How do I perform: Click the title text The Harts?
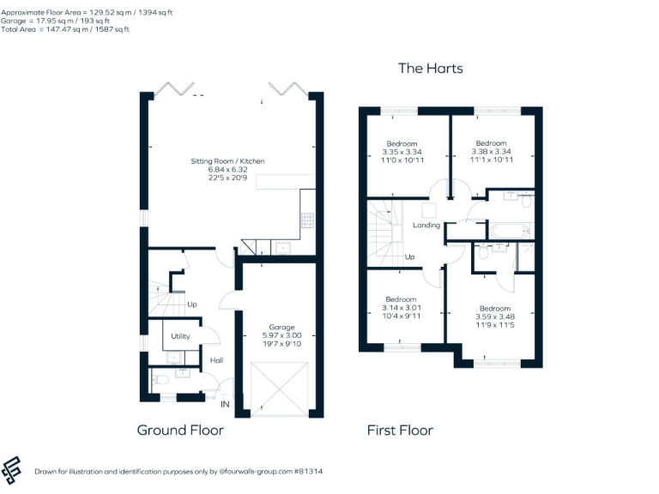point(431,68)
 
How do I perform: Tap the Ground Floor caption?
point(180,430)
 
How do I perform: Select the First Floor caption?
point(400,430)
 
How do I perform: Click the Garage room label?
point(281,327)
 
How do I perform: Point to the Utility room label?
point(180,336)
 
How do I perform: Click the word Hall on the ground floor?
point(217,360)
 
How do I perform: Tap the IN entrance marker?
point(226,404)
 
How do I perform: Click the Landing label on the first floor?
point(426,226)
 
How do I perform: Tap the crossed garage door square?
point(279,388)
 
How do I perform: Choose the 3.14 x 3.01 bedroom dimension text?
point(402,308)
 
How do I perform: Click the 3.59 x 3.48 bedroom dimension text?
point(494,317)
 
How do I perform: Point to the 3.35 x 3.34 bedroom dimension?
point(402,152)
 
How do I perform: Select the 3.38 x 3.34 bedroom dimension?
point(491,152)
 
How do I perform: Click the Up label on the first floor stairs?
point(409,256)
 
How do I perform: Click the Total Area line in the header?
point(65,29)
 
